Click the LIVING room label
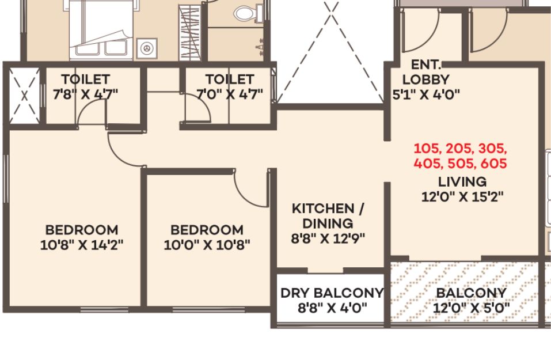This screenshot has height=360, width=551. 462,182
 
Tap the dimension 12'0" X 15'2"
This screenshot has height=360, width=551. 462,196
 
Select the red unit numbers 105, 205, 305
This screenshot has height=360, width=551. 461,149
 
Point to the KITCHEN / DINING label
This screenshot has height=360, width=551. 328,216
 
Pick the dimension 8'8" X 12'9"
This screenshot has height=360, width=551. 328,238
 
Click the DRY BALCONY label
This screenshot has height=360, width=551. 332,293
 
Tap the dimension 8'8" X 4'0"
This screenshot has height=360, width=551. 332,308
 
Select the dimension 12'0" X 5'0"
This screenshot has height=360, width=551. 471,308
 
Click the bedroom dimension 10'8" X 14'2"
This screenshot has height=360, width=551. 82,245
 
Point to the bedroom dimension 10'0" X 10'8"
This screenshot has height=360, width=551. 207,245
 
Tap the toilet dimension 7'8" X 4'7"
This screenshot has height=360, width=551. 85,94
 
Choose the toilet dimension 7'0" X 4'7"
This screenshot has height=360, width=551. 230,94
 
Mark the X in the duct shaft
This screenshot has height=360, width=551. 24,96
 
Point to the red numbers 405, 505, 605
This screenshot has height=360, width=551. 461,164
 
